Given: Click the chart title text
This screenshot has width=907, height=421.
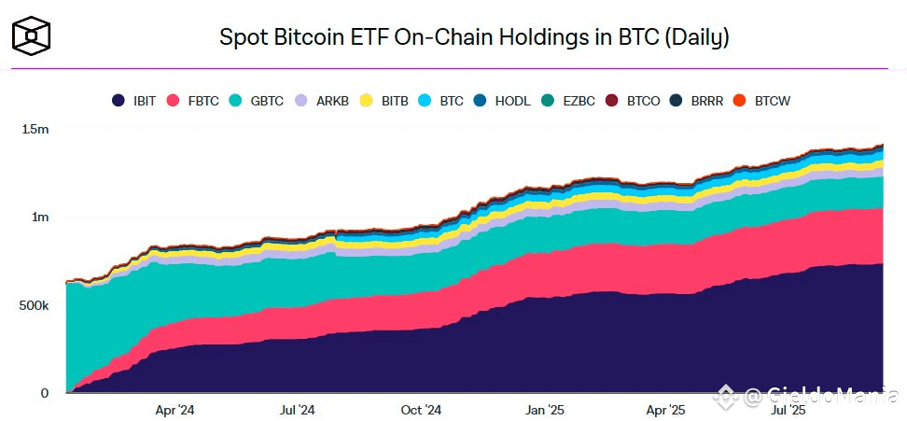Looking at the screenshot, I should (473, 38).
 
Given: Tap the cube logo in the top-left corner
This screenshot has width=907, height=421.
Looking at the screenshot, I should (31, 35).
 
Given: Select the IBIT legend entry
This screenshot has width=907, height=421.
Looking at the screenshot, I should (133, 100).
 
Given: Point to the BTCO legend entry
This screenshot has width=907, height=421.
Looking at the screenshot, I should (628, 100).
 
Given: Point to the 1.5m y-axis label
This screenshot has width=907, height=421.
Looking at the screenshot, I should (35, 129).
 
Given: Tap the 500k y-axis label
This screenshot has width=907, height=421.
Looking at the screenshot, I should (33, 305).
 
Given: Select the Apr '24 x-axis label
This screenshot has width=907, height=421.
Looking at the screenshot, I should (174, 410).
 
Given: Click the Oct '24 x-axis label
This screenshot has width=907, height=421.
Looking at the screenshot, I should (421, 410).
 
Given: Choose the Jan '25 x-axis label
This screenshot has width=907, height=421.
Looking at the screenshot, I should (544, 410).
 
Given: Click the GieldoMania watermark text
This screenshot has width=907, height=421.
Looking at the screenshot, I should (821, 397).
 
